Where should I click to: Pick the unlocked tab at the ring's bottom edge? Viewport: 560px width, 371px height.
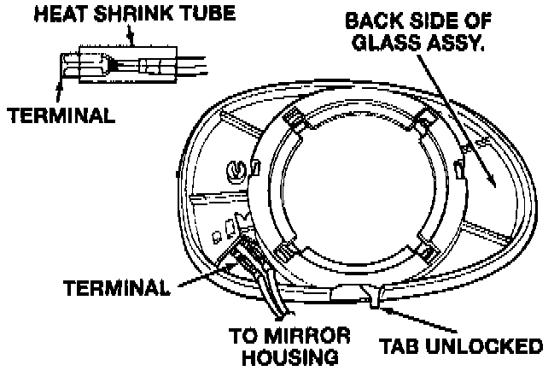coord(372,294)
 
